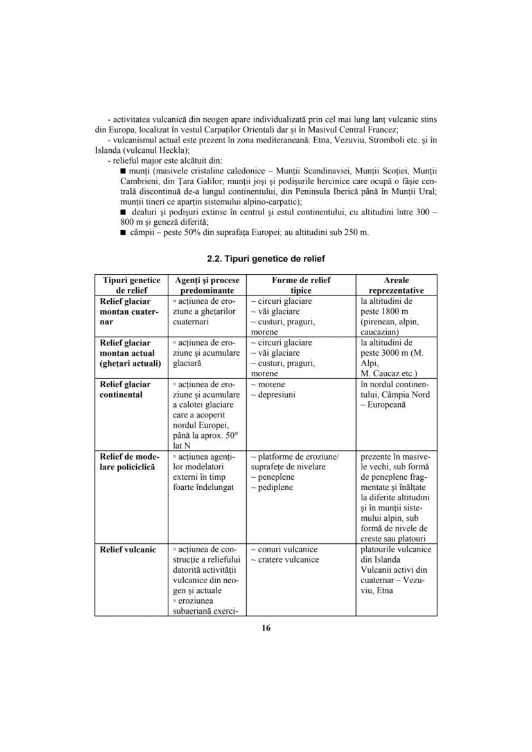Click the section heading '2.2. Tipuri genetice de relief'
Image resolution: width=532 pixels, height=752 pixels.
coord(266,259)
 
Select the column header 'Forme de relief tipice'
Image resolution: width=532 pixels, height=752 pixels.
coord(301,285)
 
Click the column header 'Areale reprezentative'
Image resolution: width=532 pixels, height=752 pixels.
coord(396,285)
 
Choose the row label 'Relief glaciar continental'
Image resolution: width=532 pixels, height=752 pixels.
coord(124,389)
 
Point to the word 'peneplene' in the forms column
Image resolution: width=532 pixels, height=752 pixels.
coord(275,477)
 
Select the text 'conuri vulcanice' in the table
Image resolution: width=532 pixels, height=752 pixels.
coord(287,550)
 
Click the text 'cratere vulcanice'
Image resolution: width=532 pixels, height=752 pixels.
coord(287,560)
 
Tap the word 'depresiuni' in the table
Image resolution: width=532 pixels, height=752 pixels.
coord(276,394)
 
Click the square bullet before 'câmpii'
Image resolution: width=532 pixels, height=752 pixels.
coord(123,232)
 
